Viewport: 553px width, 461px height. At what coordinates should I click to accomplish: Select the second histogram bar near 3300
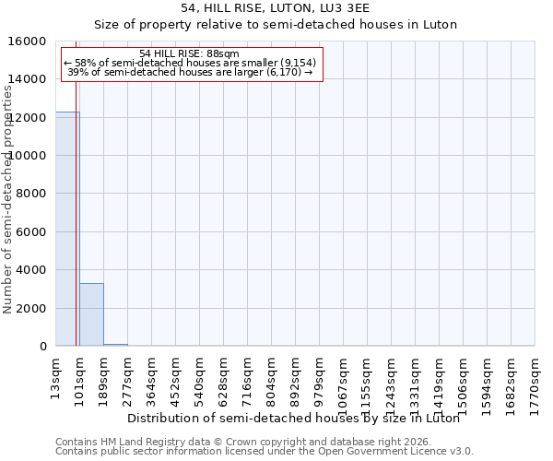pos(91,314)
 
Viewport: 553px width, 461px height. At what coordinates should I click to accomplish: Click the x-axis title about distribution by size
pos(293,418)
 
